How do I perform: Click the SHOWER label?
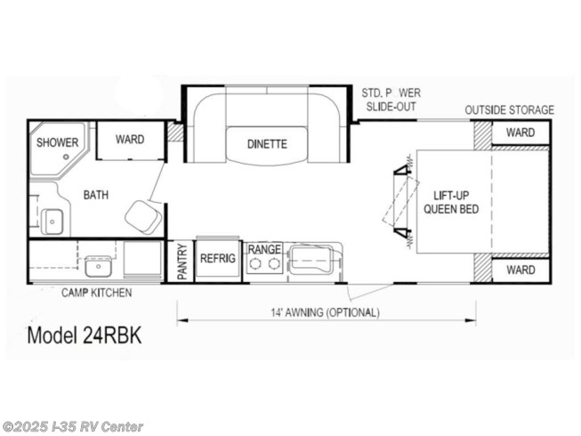[x=58, y=142]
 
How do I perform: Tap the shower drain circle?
[x=67, y=157]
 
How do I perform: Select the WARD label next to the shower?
[x=130, y=140]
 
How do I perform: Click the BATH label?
[x=96, y=195]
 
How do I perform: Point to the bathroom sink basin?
[x=52, y=222]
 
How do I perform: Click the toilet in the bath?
[x=143, y=218]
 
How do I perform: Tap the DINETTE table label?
[x=267, y=144]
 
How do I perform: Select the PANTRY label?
[x=182, y=262]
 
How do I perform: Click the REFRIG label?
[x=218, y=258]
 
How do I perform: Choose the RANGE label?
[x=264, y=249]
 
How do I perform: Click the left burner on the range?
[x=255, y=263]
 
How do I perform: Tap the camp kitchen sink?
[x=98, y=266]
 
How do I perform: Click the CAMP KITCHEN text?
[x=96, y=293]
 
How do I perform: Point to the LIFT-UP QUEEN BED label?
[x=451, y=202]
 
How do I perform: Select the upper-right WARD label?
[x=520, y=133]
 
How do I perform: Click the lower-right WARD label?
[x=520, y=270]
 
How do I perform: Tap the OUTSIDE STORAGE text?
[x=510, y=110]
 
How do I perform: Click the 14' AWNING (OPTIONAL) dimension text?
[x=325, y=312]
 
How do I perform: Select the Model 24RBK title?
[x=85, y=335]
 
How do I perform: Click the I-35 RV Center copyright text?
[x=72, y=427]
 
